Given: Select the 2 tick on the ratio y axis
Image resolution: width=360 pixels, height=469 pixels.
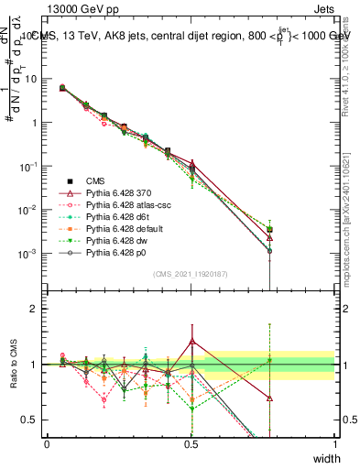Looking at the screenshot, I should pos(37,309).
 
